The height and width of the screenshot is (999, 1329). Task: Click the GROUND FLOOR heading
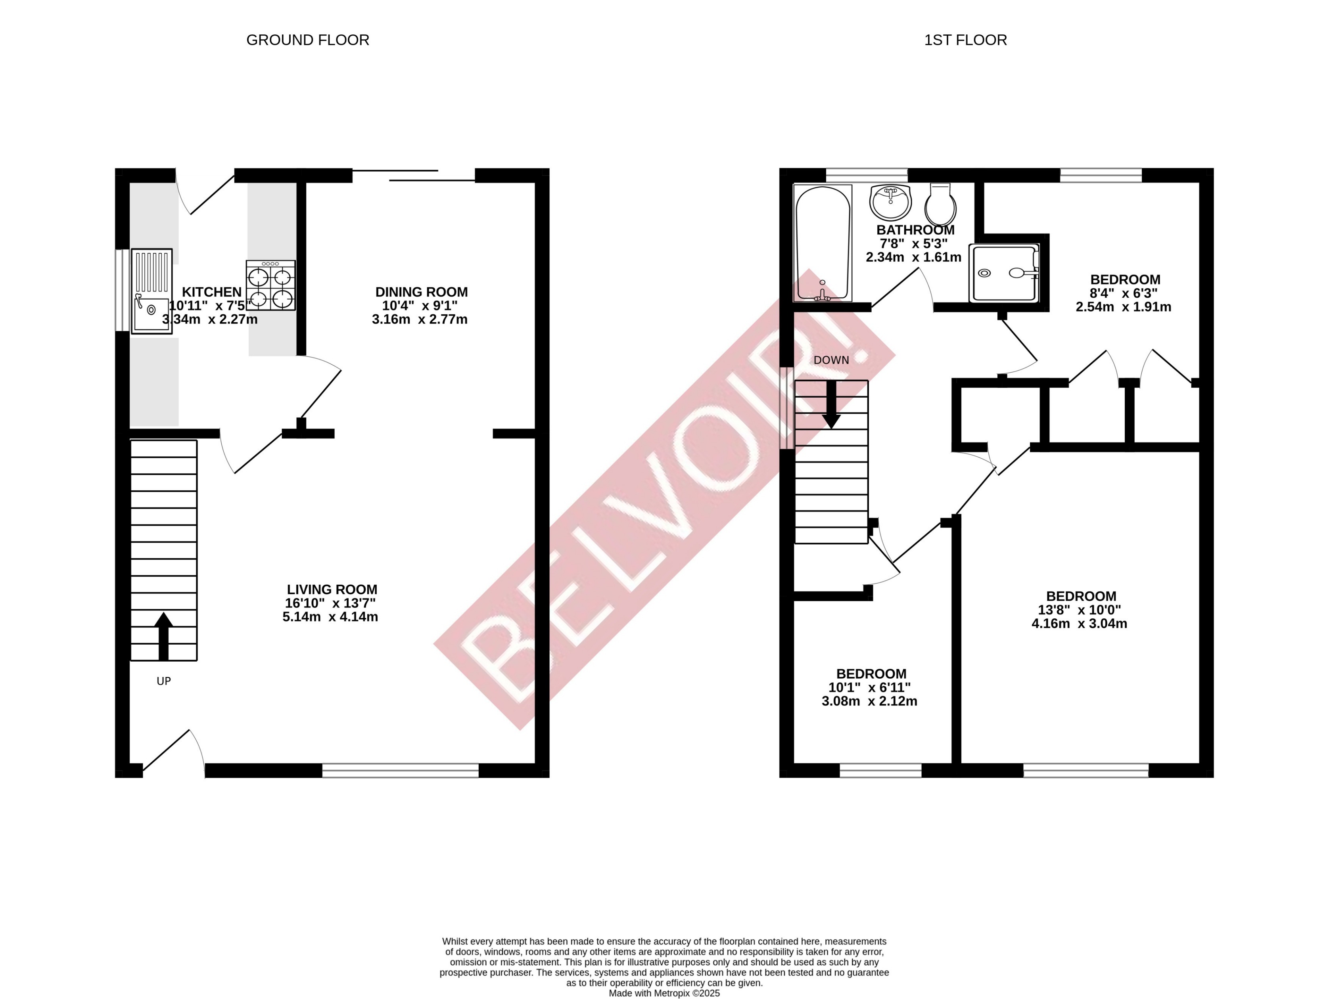point(308,40)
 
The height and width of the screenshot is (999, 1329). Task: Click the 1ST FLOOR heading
point(965,40)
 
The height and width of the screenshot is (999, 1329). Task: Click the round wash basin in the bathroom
point(890,202)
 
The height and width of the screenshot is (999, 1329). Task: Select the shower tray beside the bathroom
point(1004,273)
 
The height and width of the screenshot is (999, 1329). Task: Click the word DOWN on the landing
point(831,360)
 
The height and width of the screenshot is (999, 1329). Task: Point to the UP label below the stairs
point(163,681)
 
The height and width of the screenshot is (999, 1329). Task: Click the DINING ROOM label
point(421,292)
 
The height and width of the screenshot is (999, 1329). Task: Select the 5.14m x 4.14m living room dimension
point(330,617)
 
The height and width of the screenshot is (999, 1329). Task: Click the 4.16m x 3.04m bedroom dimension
point(1079,624)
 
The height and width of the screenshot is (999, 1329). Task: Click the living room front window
point(400,770)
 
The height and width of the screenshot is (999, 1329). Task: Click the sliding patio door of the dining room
point(413,175)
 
